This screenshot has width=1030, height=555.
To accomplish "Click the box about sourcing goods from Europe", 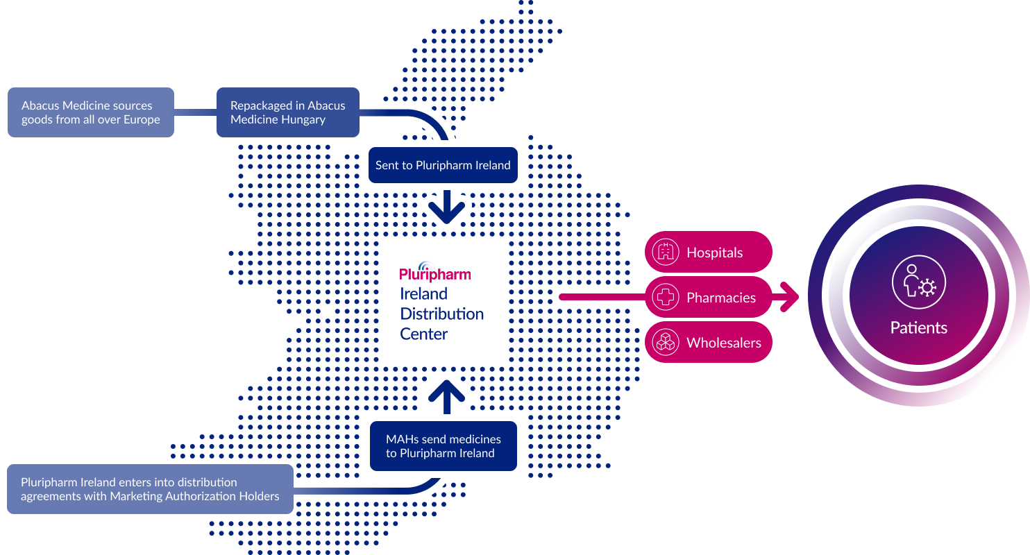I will (x=90, y=112).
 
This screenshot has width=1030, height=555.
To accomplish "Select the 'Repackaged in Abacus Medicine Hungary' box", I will (x=287, y=112).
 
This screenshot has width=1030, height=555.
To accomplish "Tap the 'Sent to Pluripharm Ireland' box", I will (x=443, y=165).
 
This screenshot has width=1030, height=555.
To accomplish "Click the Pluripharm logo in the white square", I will (x=434, y=273).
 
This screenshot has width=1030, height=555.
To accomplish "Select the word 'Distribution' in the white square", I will (x=441, y=314).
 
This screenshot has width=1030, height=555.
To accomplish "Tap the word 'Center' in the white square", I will (x=423, y=334).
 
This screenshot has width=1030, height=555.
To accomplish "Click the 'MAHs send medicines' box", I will (x=443, y=446).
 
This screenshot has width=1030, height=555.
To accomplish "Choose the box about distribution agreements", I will (x=149, y=489).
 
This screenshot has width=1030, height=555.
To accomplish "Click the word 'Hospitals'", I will (x=714, y=253).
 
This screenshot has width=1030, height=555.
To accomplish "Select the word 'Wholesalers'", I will (x=723, y=343).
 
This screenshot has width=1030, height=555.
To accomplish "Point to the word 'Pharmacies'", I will (x=720, y=298).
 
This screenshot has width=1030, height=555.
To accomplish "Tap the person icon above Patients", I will (x=918, y=282).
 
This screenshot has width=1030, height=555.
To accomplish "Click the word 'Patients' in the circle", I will (x=918, y=327).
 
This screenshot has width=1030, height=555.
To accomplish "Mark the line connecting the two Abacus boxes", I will (x=195, y=112).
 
